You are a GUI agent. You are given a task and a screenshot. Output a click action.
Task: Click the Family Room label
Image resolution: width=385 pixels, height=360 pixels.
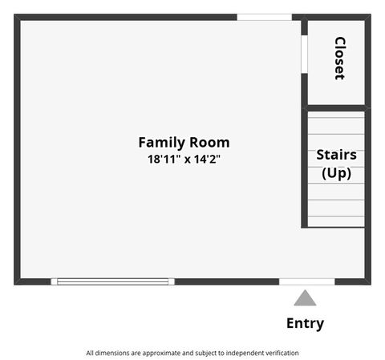[x=184, y=142]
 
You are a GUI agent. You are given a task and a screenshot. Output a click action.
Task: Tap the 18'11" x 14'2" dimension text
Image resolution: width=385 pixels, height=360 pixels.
[x=184, y=159]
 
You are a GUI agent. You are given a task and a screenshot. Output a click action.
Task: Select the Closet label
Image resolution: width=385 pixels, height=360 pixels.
[x=339, y=58]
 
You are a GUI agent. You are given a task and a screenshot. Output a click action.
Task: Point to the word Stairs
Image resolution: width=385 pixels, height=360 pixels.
[x=336, y=155]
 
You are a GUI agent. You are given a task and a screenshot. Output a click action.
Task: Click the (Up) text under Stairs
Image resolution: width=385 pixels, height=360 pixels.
[x=336, y=172]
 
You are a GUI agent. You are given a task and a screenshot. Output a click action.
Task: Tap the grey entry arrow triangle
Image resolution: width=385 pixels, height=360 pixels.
[x=305, y=298]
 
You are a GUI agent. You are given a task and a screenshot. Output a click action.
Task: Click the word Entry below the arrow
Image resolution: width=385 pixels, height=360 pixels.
[x=305, y=324]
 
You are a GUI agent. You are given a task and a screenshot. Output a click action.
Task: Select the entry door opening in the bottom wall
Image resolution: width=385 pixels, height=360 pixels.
[x=306, y=281]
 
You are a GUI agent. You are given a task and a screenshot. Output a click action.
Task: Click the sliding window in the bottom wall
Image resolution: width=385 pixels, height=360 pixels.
[x=112, y=281]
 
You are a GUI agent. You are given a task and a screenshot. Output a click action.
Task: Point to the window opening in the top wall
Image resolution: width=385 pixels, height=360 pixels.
[x=264, y=17]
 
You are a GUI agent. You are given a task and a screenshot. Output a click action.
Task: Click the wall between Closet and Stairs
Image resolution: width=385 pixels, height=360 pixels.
[x=336, y=107]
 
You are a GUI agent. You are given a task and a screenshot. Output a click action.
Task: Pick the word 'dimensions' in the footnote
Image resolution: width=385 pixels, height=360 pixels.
[x=113, y=353]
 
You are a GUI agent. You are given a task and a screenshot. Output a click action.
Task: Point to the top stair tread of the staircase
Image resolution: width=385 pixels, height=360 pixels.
[x=336, y=116]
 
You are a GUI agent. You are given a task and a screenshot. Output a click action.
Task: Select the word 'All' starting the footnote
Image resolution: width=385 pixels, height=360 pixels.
[x=91, y=353]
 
